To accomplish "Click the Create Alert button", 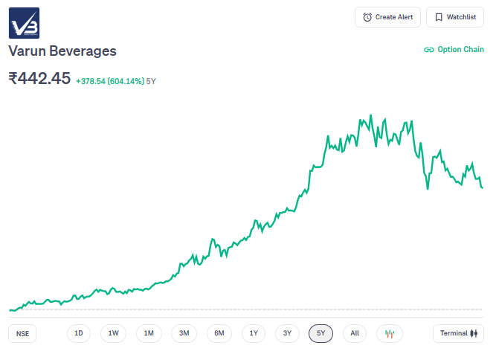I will point(388,17).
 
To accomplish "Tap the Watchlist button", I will point(455,17).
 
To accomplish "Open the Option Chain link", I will point(454,50).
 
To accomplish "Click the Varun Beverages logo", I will point(24,23).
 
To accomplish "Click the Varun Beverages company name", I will point(62,51).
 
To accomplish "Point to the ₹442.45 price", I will point(39,78).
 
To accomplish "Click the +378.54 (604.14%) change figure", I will point(109,80).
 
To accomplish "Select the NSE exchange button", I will point(23,333).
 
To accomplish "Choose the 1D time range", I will point(79,333).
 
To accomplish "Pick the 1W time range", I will point(113,333).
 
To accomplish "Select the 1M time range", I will point(149,333).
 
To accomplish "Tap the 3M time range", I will point(184,333).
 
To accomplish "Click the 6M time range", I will point(219,333).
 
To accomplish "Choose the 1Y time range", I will point(254,333).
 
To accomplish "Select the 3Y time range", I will point(287,333).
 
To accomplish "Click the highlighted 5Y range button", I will point(321,333).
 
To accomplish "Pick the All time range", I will point(355,333).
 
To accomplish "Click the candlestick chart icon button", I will point(389,333).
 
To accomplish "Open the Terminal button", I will point(458,333).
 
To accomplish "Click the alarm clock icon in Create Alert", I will point(367,17).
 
